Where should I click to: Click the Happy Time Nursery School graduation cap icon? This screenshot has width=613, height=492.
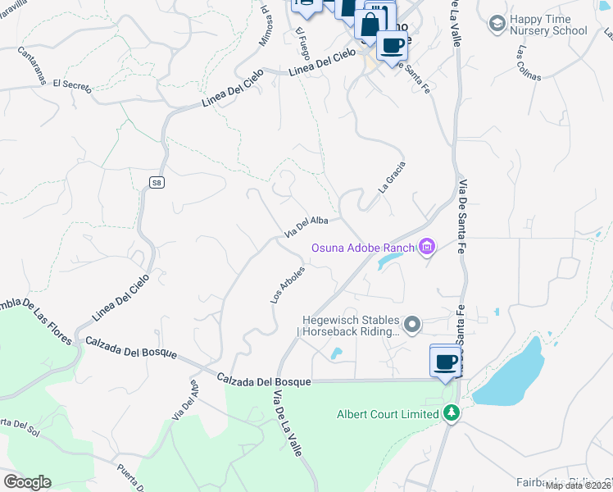[x=496, y=24]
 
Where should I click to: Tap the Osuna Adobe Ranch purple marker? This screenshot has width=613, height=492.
[x=426, y=247]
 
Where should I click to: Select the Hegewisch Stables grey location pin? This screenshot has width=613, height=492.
[x=413, y=326]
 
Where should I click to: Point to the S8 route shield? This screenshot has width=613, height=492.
[x=156, y=184]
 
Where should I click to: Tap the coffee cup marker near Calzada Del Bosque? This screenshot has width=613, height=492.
[x=445, y=362]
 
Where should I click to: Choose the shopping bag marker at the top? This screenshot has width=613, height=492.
[x=370, y=23]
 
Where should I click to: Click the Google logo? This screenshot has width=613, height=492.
[x=27, y=482]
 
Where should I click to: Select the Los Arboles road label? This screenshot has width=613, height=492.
[x=288, y=285]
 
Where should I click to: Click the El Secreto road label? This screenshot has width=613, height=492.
[x=70, y=83]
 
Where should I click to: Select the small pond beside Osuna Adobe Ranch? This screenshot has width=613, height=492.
[x=389, y=262]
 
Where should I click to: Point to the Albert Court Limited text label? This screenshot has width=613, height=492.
[x=388, y=414]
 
